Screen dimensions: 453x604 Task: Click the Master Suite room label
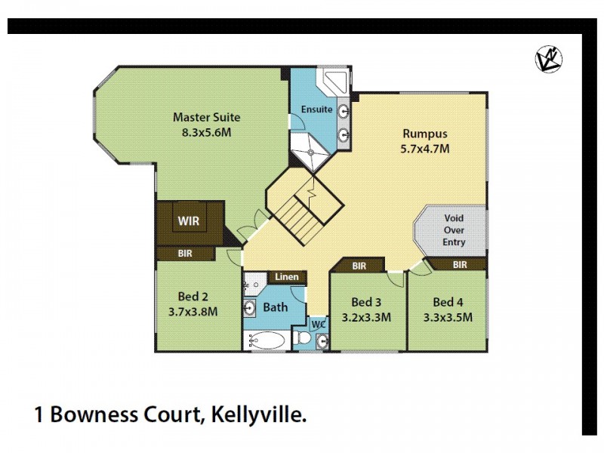coord(206,117)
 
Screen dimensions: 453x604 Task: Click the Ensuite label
coord(317,109)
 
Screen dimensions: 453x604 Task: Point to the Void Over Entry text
coord(454,229)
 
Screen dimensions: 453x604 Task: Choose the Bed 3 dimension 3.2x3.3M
coord(366,318)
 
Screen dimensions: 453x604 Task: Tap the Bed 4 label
coord(448,303)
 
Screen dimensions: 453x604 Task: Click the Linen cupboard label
coord(286,278)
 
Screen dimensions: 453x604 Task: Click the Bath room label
coord(275,307)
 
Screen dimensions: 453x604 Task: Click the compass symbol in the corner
coord(549,59)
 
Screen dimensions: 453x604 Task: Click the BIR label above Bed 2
coord(185,254)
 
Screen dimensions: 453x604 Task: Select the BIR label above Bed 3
coord(359,266)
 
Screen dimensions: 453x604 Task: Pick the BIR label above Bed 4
coord(460,264)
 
